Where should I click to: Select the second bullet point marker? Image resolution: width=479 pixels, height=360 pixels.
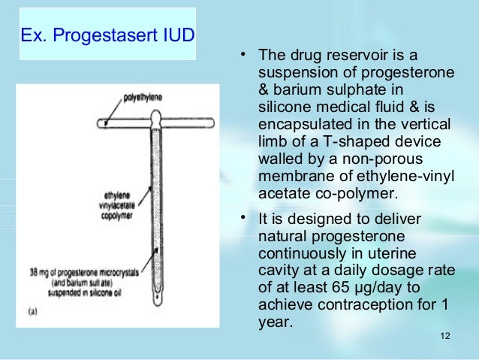pos(244,218)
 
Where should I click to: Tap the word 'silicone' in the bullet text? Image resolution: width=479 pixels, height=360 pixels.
pos(282,107)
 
